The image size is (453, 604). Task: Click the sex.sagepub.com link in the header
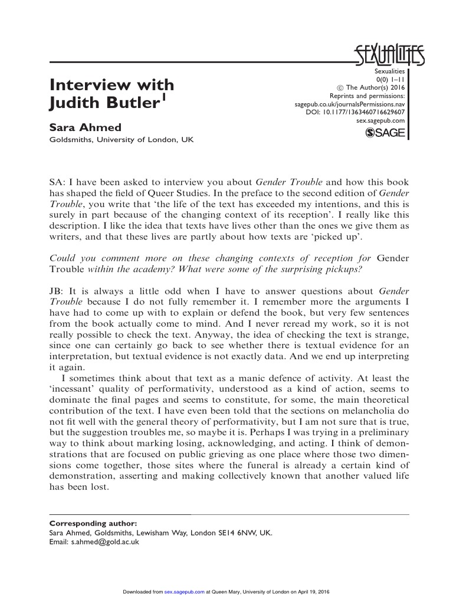coord(381,120)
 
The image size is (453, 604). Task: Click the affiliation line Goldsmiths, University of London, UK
coord(121,140)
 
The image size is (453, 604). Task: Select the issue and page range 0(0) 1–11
coord(390,81)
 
